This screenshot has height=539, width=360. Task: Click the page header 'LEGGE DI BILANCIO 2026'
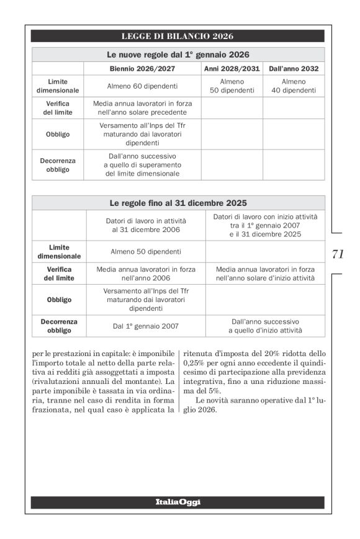[x=178, y=36]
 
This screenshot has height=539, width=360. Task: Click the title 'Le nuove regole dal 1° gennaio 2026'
[x=178, y=55]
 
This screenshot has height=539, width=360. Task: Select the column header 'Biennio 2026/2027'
[x=142, y=68]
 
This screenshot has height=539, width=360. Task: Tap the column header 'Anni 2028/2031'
[x=232, y=68]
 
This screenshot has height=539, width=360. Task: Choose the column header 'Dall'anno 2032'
[x=294, y=68]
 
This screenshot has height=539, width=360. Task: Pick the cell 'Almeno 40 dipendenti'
[x=294, y=86]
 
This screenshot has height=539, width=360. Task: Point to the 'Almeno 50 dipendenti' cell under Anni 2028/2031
[x=232, y=86]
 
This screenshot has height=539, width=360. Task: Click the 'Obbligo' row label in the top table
[x=58, y=134]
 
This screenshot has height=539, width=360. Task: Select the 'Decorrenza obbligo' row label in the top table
[x=58, y=165]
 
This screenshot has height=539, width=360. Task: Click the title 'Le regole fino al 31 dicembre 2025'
[x=178, y=203]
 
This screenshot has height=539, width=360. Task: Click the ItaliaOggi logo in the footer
[x=178, y=502]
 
